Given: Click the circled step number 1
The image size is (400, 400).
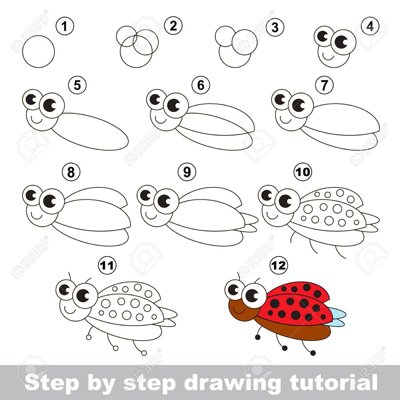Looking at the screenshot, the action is [x=65, y=26].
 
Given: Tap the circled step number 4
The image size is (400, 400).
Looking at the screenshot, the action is [x=370, y=27].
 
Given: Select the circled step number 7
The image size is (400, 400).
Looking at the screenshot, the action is [x=324, y=85].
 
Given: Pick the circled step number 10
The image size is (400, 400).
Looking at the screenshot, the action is [x=303, y=172].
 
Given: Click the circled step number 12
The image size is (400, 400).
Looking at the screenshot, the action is [x=279, y=266].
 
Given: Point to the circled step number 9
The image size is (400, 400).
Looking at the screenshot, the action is [x=187, y=172].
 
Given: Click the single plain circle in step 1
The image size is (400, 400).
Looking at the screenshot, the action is [x=38, y=51].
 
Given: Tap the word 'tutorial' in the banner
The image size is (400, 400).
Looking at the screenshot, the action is [x=334, y=382].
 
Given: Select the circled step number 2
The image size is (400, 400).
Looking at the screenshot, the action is [x=173, y=26].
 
